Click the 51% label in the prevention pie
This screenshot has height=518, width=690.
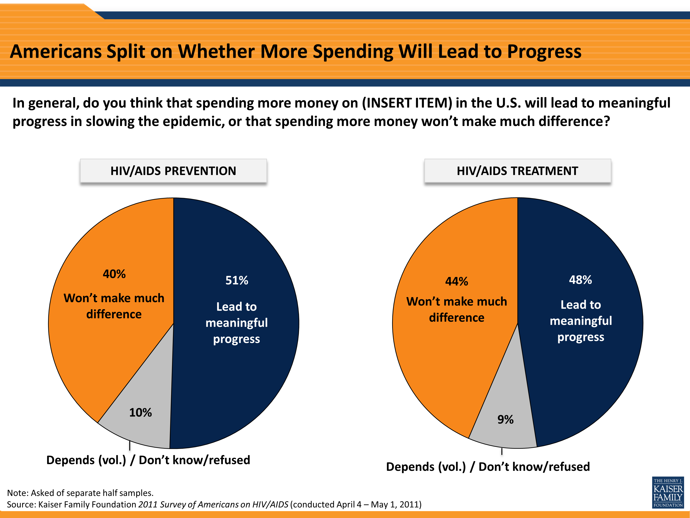coord(237,280)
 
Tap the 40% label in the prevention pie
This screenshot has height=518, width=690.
coord(114,274)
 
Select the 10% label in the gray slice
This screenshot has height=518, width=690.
coord(140,413)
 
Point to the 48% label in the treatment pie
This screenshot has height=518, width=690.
coord(580,280)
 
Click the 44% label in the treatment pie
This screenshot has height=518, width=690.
coord(456,281)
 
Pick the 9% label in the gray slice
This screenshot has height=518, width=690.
coord(505,419)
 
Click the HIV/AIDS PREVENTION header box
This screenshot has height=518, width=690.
coord(173,171)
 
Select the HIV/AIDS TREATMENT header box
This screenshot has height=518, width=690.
coord(517,171)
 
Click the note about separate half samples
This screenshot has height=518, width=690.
coord(80,493)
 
